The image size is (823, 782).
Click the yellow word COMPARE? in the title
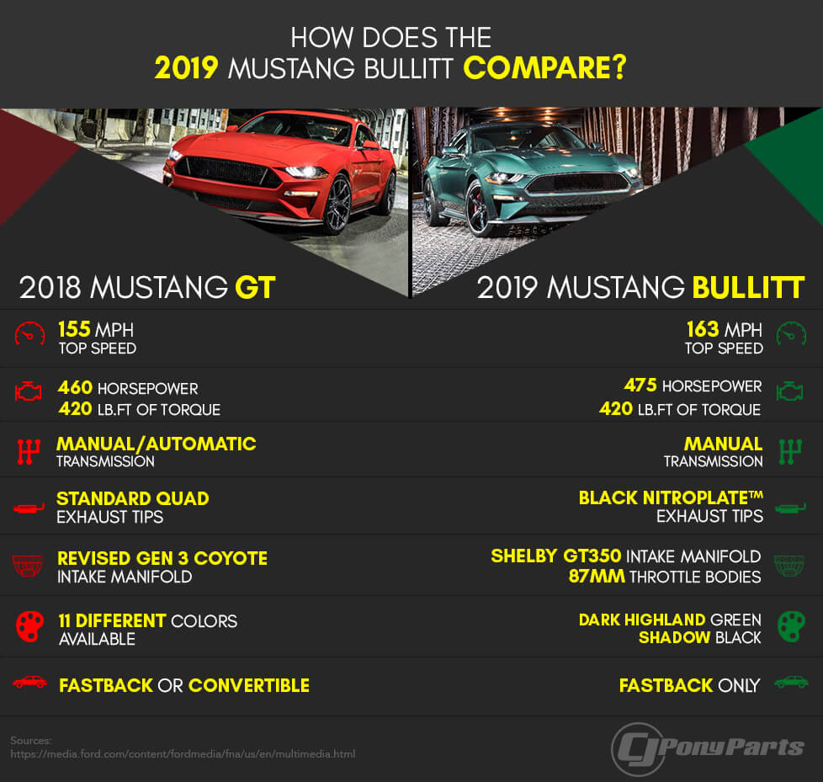click(x=544, y=67)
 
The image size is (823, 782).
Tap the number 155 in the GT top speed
click(x=75, y=329)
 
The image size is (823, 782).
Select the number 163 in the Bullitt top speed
click(x=703, y=329)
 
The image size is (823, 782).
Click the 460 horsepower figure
click(x=75, y=387)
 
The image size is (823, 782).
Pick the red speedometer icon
click(x=30, y=334)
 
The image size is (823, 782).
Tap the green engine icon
click(x=790, y=391)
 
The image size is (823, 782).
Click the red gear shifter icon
click(x=29, y=452)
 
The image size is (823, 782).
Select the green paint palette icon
click(x=791, y=625)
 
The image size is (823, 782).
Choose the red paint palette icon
click(x=30, y=626)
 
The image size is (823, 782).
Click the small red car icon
click(x=30, y=682)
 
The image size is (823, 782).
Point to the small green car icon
click(x=792, y=682)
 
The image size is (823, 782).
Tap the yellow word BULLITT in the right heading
click(x=748, y=287)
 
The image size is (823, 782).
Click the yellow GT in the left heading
click(x=255, y=287)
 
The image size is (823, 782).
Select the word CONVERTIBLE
click(x=249, y=685)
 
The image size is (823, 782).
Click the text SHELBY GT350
click(x=556, y=556)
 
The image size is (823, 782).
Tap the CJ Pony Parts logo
click(x=708, y=748)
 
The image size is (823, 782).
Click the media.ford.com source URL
click(x=183, y=754)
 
